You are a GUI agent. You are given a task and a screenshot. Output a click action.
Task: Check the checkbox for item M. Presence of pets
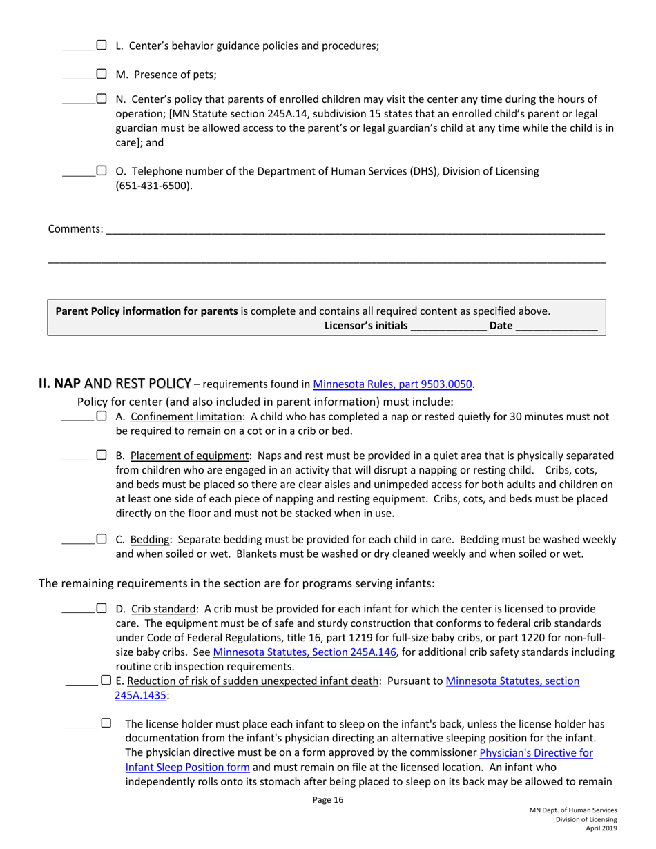pos(101,73)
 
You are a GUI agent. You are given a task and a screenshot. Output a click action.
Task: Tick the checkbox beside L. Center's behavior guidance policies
pos(101,46)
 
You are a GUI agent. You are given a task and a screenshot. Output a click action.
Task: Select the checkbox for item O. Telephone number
pos(101,170)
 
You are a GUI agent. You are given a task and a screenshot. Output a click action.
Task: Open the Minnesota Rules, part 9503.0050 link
pos(393,384)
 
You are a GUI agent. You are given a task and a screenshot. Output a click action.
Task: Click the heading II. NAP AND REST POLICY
pos(114,383)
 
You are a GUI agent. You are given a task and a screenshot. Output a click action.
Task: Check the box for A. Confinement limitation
pos(101,416)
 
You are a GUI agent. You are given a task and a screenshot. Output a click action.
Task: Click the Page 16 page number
pos(327,801)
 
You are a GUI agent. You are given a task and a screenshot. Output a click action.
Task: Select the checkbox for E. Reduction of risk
pos(106,681)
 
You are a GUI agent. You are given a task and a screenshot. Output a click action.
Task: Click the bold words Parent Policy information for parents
pos(146,311)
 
